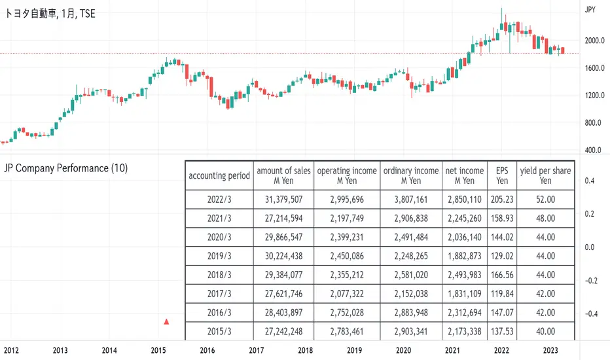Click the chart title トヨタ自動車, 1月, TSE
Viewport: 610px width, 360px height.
pyautogui.click(x=50, y=13)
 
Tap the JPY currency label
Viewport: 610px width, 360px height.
pyautogui.click(x=590, y=10)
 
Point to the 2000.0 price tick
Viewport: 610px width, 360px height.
pyautogui.click(x=593, y=41)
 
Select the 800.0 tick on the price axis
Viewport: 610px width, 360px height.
pyautogui.click(x=592, y=123)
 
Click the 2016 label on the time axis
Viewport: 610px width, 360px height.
pyautogui.click(x=207, y=351)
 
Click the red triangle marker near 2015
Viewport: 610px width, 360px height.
pyautogui.click(x=167, y=321)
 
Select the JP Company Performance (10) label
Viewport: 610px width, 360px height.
pyautogui.click(x=65, y=168)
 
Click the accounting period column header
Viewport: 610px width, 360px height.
pyautogui.click(x=219, y=175)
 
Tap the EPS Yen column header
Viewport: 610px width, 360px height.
pyautogui.click(x=502, y=175)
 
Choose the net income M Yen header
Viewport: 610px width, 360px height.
pyautogui.click(x=464, y=175)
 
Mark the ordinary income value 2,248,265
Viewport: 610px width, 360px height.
pyautogui.click(x=410, y=255)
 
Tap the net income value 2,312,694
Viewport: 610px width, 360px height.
pyautogui.click(x=464, y=312)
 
